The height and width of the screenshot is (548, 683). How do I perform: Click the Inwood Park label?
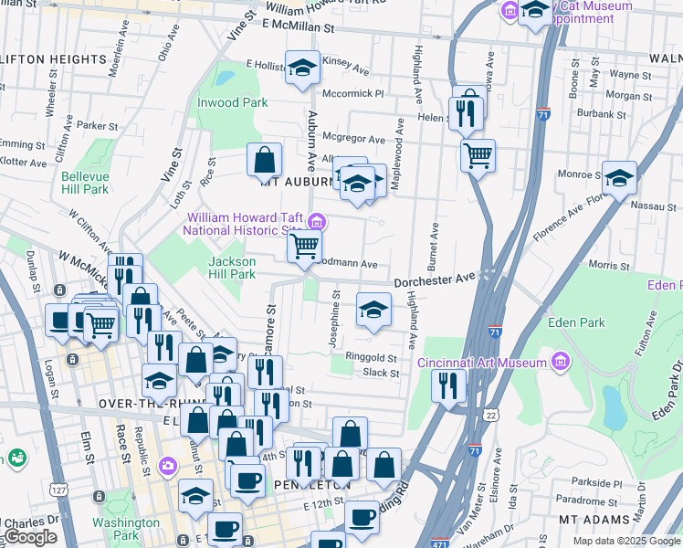(x=233, y=102)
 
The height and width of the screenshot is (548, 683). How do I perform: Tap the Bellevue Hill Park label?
(x=85, y=183)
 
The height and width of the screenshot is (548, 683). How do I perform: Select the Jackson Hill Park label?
(x=232, y=268)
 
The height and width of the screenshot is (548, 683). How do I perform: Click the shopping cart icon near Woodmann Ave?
(x=304, y=246)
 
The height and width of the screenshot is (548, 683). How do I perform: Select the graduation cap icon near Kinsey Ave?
(x=302, y=68)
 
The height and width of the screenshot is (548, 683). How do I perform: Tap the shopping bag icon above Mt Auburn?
(x=264, y=160)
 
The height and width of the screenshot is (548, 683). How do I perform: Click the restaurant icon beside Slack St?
(x=448, y=383)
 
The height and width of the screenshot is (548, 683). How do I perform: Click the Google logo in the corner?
(x=29, y=537)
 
